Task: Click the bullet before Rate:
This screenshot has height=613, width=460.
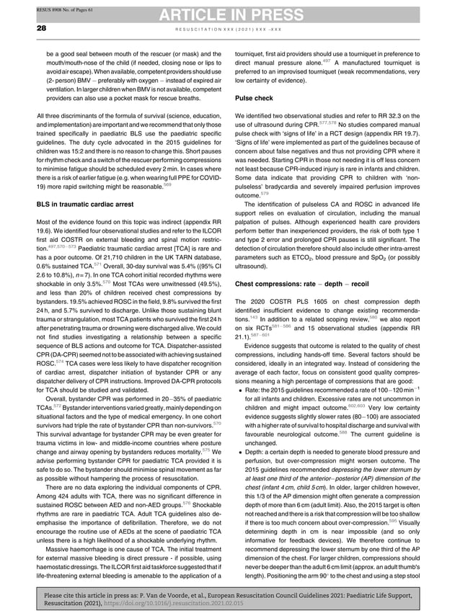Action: pos(238,389)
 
